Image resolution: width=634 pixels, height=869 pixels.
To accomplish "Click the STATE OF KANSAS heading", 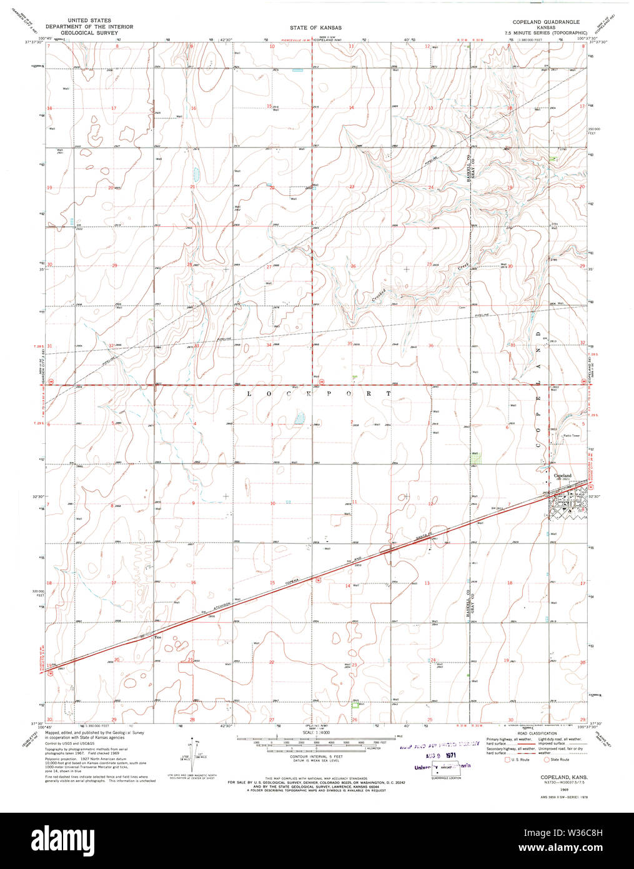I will [x=315, y=28].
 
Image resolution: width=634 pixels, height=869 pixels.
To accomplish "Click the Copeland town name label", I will [x=563, y=476].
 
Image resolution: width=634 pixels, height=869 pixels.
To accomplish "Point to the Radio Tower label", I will [x=572, y=435].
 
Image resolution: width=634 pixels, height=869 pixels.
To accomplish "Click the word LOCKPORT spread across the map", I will [x=319, y=394].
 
